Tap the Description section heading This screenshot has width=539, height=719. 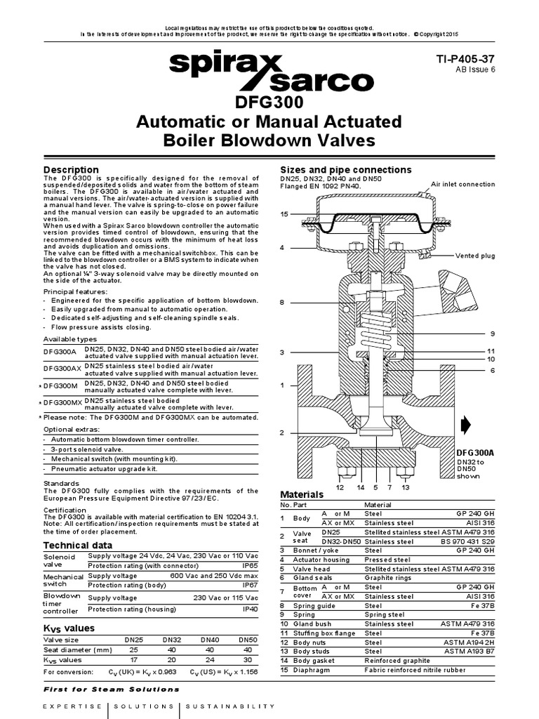point(72,170)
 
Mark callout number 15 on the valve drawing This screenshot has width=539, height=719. point(284,213)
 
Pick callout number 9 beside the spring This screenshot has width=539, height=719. point(493,333)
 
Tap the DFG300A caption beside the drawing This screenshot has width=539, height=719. point(476,454)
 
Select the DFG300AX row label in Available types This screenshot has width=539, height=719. point(63,369)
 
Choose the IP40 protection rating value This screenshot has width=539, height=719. point(248,610)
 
